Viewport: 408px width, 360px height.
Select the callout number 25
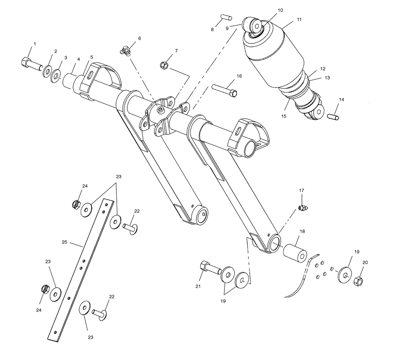[64, 242]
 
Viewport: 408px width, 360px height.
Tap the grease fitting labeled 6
[125, 51]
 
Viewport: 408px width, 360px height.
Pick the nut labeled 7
[164, 65]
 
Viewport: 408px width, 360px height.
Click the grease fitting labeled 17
[302, 208]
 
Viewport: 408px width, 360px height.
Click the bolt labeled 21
[210, 268]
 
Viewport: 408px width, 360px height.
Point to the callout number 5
[91, 57]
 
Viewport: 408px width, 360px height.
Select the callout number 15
[284, 116]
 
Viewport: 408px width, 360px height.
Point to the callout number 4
[78, 59]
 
